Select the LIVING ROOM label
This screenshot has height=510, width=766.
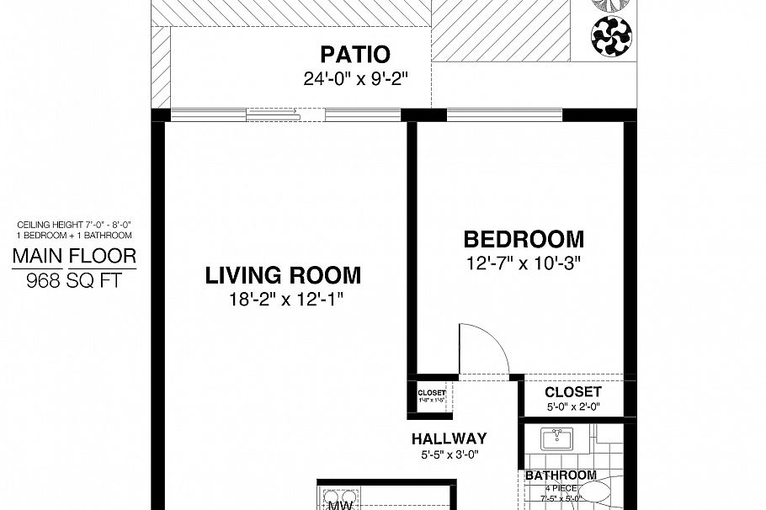click(x=284, y=275)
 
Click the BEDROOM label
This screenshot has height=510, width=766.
click(x=523, y=239)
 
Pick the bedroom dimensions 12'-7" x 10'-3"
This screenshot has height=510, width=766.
click(x=523, y=262)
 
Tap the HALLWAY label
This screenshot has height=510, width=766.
click(x=449, y=438)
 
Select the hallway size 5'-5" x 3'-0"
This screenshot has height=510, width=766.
click(x=449, y=455)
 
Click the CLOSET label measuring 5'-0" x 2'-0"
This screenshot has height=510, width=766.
click(x=572, y=392)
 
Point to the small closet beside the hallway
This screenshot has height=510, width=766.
click(x=432, y=396)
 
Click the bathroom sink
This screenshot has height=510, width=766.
click(x=555, y=439)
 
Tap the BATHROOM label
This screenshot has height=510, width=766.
click(x=561, y=475)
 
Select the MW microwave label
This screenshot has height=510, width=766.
click(x=339, y=505)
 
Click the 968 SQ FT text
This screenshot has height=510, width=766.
click(x=73, y=280)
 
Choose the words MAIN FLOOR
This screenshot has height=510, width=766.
click(x=73, y=256)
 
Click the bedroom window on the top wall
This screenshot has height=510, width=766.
click(x=503, y=114)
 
